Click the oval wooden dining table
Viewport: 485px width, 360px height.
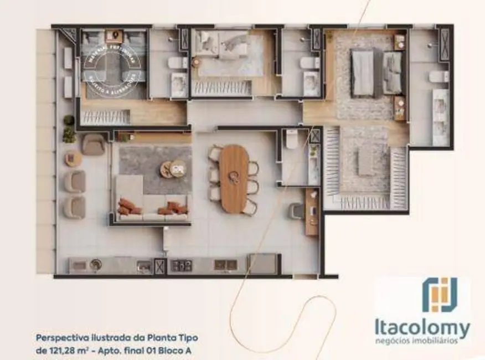click(234, 179)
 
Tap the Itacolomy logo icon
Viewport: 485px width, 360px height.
click(440, 295)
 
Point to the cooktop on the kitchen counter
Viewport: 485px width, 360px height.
click(181, 265)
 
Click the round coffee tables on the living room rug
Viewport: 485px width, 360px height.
click(173, 168)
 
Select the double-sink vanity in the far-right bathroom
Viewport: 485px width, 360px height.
click(441, 117)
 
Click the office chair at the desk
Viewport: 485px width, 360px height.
click(296, 210)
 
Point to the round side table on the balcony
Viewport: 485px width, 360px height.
click(73, 159)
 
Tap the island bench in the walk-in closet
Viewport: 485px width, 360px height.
click(366, 161)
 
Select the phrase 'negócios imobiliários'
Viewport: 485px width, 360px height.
click(424, 341)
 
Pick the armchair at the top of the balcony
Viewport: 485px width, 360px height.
click(93, 145)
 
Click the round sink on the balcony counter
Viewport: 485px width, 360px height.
click(96, 264)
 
